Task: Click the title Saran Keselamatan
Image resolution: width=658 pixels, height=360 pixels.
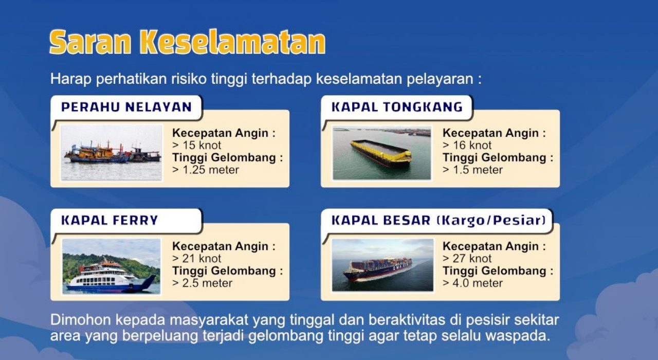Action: coord(188,42)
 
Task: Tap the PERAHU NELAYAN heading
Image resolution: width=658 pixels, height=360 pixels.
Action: coord(126,107)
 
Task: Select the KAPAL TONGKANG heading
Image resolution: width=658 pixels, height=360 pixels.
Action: coord(397,107)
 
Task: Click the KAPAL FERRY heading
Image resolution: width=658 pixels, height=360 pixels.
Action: coord(109,221)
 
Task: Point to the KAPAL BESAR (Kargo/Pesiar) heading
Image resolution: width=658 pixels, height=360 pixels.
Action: coord(438,221)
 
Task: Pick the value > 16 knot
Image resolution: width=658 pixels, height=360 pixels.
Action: coord(467,145)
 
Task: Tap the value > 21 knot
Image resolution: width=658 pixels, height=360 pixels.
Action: coord(196,259)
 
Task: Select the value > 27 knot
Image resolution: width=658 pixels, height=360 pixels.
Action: coord(467,259)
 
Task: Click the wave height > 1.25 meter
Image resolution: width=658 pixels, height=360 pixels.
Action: coord(205,170)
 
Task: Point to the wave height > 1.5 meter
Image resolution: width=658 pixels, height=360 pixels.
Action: coord(472,170)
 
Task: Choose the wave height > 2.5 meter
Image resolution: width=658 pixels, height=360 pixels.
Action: coord(202,283)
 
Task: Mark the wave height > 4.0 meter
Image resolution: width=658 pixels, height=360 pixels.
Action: coord(472,283)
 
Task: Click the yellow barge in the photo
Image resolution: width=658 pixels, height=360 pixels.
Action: coord(381,153)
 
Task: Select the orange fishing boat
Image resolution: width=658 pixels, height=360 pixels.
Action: coord(97,153)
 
